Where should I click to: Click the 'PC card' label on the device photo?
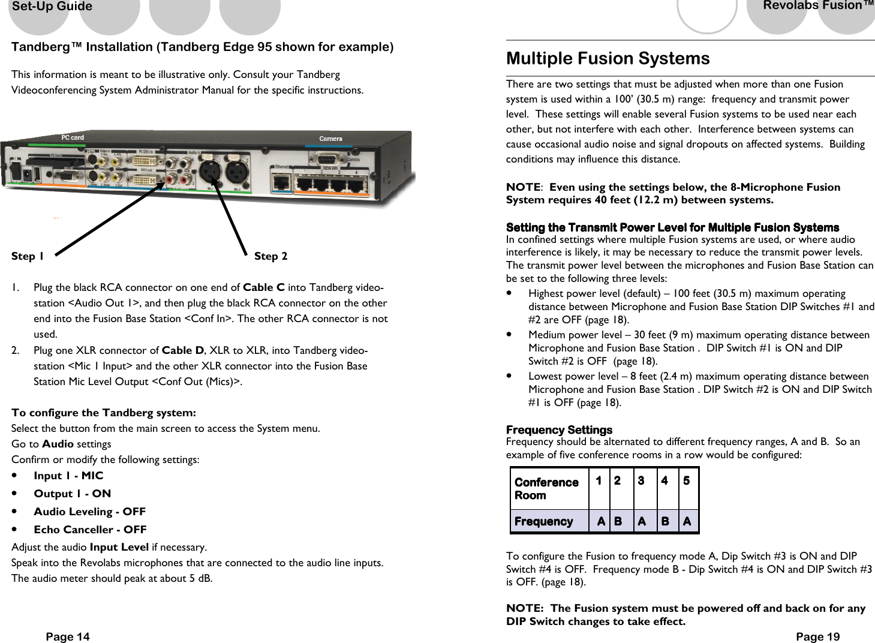(73, 137)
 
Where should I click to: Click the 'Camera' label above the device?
(330, 139)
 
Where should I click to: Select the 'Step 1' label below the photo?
(28, 257)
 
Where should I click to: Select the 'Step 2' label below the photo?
(270, 256)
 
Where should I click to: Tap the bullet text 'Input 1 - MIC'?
(68, 476)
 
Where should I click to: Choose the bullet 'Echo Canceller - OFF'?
(90, 530)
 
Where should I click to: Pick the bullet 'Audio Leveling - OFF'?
(89, 512)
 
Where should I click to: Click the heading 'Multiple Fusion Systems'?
(608, 58)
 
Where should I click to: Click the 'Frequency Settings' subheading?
(559, 430)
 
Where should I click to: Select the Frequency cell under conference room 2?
(618, 521)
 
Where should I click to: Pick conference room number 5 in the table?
(687, 481)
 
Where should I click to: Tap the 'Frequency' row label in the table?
(543, 521)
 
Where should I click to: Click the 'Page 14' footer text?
(68, 636)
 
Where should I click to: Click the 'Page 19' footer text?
(817, 636)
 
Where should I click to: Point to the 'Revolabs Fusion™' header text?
(818, 6)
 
